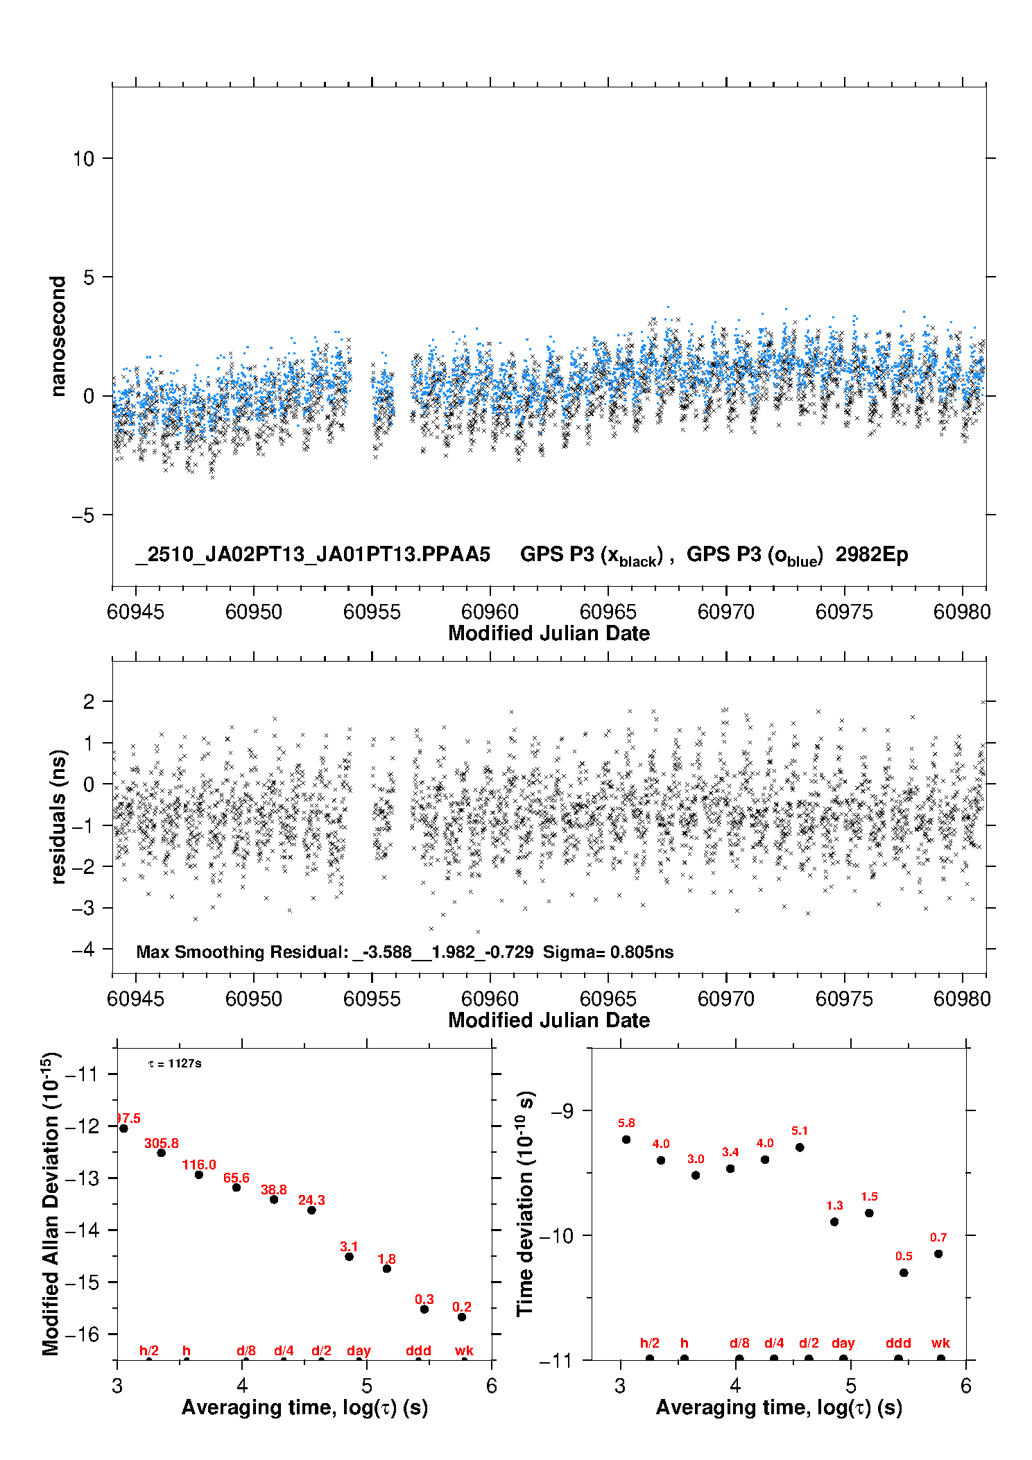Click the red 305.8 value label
coord(161,1143)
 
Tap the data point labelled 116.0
coord(199,1174)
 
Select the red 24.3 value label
coord(311,1200)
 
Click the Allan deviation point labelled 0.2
coord(462,1316)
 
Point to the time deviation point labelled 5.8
coord(626,1139)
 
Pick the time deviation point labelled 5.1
coord(800,1147)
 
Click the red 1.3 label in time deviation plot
coord(834,1205)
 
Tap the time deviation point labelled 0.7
coord(938,1253)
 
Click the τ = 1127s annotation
coord(175,1063)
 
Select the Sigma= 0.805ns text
coord(608,952)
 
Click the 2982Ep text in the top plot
coord(872,554)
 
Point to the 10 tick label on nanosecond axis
coord(83,159)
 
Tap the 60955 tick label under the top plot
coord(372,612)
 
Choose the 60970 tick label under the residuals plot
coord(726,999)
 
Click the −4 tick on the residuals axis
coord(83,949)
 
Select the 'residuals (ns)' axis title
coord(59,816)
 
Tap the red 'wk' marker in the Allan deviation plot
coord(464,1350)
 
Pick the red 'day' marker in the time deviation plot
coord(843,1343)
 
